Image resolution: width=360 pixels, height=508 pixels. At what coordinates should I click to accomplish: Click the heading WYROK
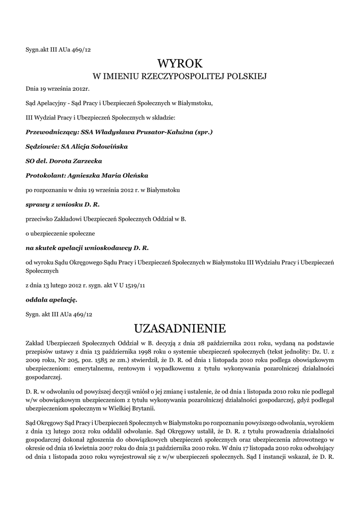tap(180, 63)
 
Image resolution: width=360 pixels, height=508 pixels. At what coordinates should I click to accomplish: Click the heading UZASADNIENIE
tap(180, 328)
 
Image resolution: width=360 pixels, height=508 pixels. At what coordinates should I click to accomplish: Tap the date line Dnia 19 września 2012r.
tap(57, 89)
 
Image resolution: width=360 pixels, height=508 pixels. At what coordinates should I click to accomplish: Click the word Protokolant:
tap(43, 175)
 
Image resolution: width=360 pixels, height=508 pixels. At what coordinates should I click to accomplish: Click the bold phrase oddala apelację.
tap(51, 300)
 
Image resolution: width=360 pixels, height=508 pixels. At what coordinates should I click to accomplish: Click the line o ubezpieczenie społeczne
tap(61, 232)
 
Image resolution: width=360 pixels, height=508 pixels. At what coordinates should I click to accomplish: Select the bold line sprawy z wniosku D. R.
tap(66, 204)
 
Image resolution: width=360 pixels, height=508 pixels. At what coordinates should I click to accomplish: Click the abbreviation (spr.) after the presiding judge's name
tap(204, 132)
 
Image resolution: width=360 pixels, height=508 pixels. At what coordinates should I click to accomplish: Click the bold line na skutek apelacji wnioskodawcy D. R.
tap(87, 247)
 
